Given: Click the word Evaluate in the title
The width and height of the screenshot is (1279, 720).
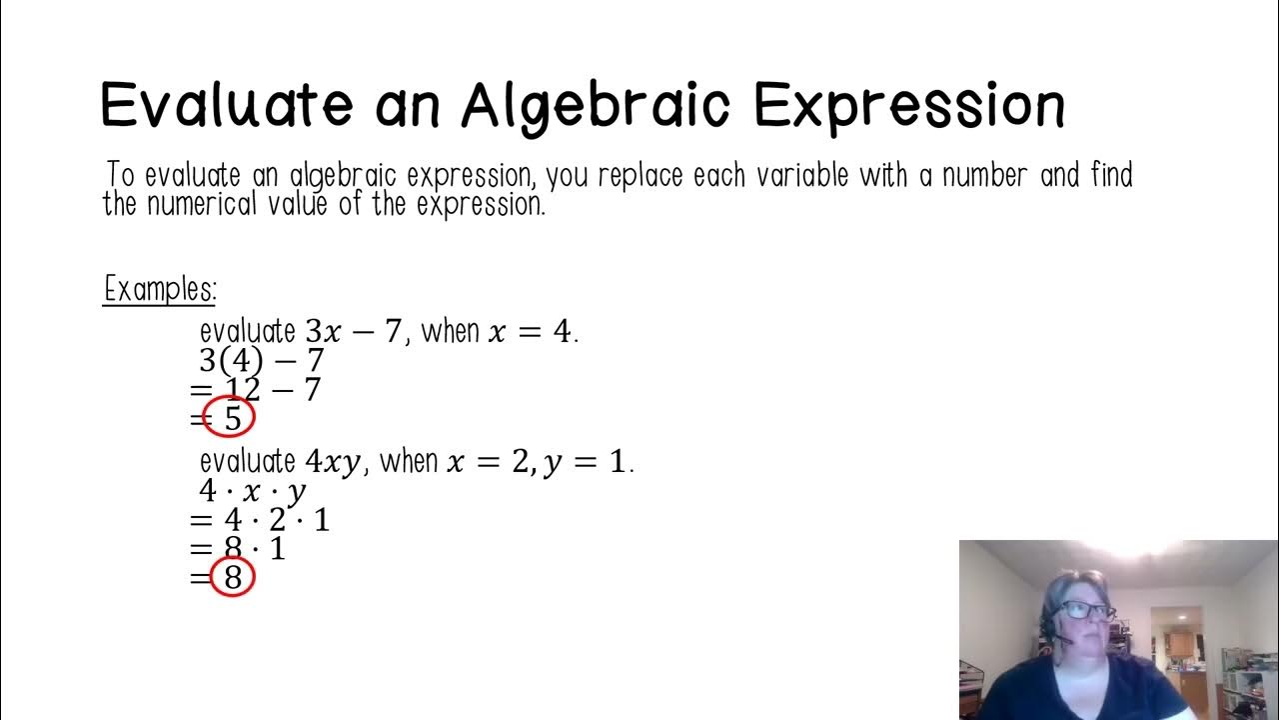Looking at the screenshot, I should pos(227,105).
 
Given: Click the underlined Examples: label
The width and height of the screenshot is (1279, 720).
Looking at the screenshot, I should pos(160,290).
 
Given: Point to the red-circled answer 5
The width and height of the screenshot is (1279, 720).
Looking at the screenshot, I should pos(231,418).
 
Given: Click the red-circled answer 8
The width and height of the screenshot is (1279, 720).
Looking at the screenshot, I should pos(233,577).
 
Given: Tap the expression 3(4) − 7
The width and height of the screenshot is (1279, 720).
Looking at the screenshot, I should pos(262,360).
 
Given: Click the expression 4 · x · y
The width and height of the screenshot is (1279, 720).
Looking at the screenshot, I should pos(253,491).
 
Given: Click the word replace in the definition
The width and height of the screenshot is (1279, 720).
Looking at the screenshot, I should pos(639,177).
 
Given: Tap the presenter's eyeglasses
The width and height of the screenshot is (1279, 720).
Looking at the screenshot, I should pos(1086,609).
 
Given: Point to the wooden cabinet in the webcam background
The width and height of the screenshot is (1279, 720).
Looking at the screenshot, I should pos(1181,644).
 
